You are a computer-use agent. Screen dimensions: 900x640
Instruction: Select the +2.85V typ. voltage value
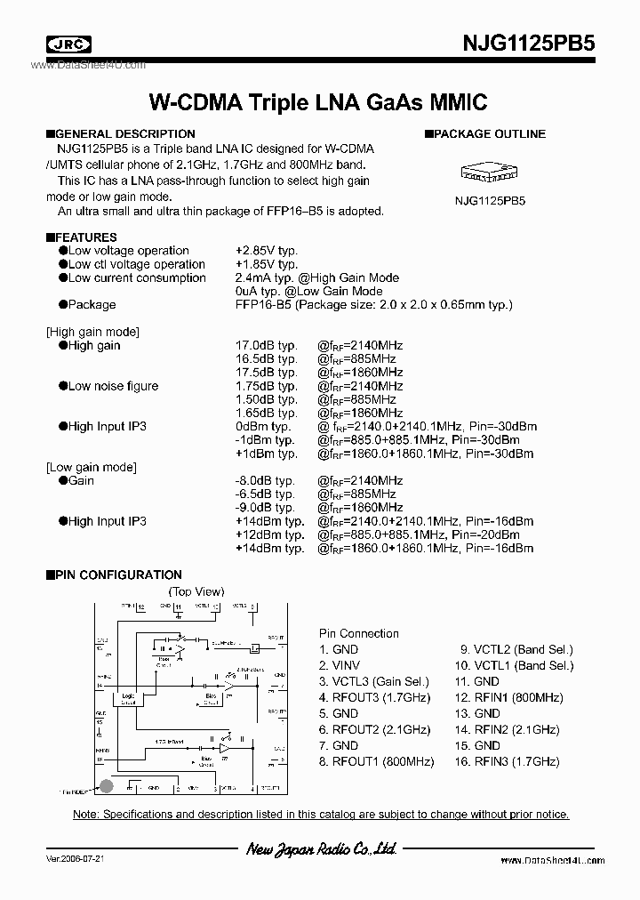tap(267, 251)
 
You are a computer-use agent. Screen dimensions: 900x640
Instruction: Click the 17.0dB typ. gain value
tap(266, 346)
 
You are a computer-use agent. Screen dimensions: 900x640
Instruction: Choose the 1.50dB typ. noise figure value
tap(266, 400)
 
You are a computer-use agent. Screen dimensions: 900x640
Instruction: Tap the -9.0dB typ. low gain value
tap(265, 508)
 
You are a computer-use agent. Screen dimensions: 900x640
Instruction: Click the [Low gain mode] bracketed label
tap(91, 468)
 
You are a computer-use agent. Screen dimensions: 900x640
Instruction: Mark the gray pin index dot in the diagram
tap(106, 785)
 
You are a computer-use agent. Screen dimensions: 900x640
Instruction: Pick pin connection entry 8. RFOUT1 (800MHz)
tap(377, 762)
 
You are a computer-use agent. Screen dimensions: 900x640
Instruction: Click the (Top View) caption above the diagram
tap(196, 591)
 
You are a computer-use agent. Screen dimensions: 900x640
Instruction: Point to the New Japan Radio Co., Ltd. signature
tap(320, 850)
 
